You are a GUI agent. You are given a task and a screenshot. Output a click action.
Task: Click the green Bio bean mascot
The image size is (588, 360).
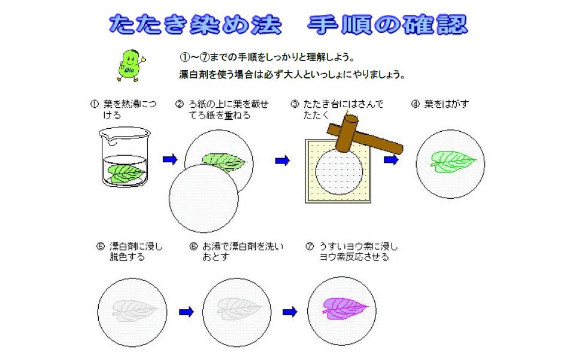tap(131, 65)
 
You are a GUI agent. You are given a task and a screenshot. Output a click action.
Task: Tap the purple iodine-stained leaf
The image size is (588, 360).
tap(344, 308)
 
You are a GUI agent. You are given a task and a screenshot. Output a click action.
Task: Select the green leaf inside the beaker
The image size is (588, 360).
tap(126, 173)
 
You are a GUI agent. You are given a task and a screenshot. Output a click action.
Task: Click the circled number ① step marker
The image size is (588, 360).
tap(95, 104)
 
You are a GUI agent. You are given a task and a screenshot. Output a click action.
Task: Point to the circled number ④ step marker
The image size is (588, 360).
tap(415, 104)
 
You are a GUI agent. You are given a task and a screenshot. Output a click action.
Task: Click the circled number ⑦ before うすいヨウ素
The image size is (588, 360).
tap(310, 246)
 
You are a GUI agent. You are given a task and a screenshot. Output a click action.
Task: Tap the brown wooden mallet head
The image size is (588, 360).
tap(347, 133)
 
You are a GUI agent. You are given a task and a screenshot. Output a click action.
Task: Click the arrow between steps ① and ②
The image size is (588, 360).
tap(170, 160)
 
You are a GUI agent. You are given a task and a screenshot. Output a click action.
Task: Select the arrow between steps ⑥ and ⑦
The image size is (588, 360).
tap(290, 311)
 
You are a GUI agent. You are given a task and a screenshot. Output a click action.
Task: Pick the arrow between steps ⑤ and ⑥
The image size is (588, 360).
tap(186, 311)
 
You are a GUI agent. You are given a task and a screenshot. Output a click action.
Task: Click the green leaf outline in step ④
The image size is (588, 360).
tap(453, 161)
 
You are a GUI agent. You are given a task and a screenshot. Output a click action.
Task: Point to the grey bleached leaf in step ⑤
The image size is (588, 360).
tap(134, 310)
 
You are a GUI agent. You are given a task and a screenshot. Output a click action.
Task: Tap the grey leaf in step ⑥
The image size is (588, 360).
tap(240, 309)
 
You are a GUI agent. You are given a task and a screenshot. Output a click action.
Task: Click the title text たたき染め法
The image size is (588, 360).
tap(195, 25)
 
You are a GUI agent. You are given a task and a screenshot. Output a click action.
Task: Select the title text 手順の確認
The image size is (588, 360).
tap(387, 25)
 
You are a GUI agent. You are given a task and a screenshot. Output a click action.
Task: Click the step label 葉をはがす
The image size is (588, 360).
tap(447, 104)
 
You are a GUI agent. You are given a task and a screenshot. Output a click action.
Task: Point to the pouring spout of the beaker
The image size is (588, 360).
tap(110, 139)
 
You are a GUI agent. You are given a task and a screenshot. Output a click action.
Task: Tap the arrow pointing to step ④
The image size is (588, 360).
tap(391, 160)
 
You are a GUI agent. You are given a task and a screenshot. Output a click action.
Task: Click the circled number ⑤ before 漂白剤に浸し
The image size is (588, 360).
tap(101, 246)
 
